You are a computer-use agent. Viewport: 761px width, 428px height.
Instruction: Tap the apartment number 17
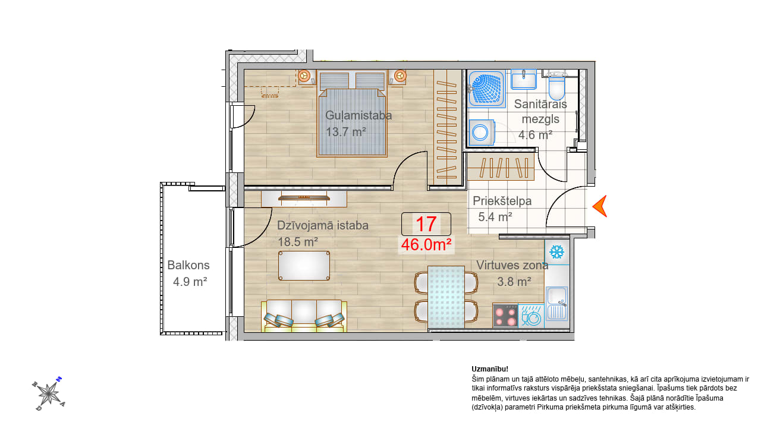(426, 224)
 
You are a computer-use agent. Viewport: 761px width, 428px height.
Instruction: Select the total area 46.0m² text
(426, 244)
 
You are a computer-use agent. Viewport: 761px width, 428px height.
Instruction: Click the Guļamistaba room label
(359, 115)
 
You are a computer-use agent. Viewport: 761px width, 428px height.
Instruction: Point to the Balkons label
(188, 265)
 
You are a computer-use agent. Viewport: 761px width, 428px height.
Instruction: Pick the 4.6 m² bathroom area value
(535, 135)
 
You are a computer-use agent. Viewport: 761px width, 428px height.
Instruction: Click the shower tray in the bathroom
(486, 89)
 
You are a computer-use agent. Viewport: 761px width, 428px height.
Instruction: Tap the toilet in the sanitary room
(556, 85)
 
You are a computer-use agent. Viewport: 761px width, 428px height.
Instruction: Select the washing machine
(482, 132)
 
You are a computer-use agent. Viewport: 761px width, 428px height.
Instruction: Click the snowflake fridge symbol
(557, 252)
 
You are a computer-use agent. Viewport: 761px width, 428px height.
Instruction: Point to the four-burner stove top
(505, 316)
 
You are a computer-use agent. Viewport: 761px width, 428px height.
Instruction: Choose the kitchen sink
(556, 304)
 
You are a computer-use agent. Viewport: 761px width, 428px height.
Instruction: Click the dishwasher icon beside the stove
(531, 316)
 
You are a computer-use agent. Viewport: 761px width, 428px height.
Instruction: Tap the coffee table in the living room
(304, 266)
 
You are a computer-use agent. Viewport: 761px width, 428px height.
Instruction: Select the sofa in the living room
(304, 316)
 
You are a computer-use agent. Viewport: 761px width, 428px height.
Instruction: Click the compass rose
(49, 394)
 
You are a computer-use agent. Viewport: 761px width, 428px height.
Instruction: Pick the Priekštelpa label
(502, 201)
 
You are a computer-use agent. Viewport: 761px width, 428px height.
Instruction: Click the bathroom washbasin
(524, 80)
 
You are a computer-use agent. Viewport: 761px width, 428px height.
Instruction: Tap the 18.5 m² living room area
(298, 242)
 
